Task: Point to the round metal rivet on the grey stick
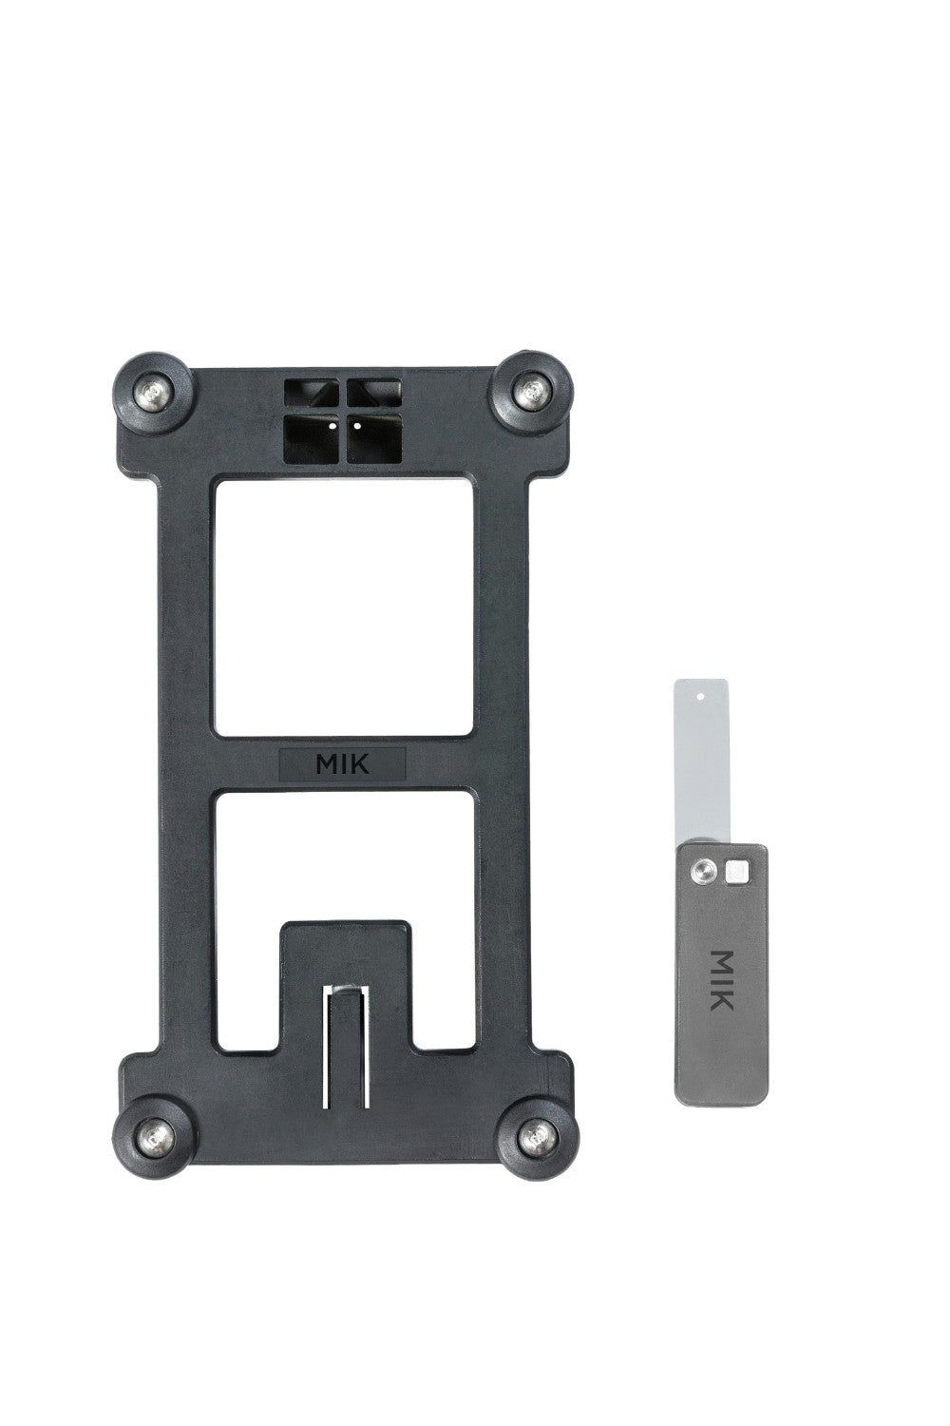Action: point(704,869)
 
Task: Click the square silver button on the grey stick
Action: point(736,869)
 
